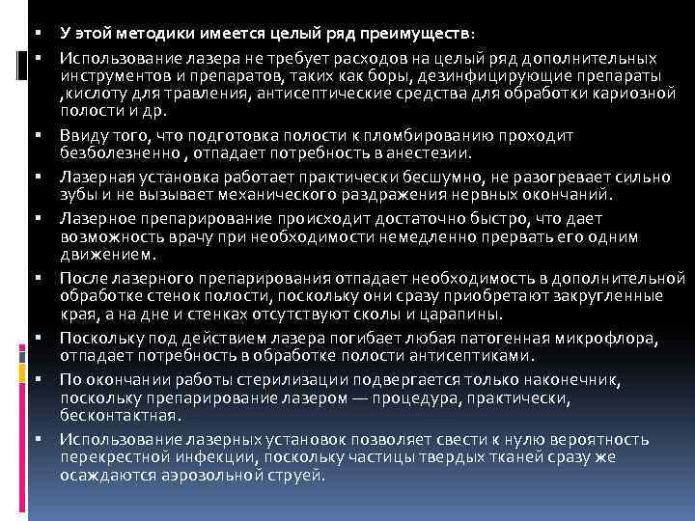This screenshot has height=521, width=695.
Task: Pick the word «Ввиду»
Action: pos(79,137)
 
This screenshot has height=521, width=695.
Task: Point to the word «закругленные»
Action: pos(592,295)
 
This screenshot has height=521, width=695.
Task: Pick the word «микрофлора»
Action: pos(600,338)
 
